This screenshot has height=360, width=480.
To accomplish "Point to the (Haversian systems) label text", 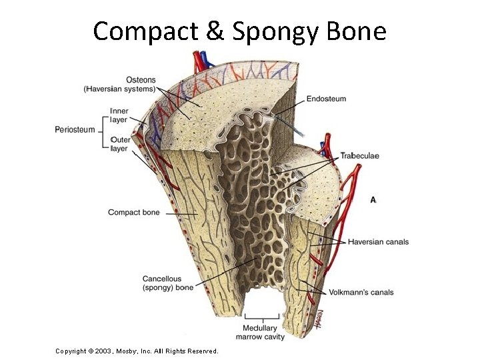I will click(x=119, y=89).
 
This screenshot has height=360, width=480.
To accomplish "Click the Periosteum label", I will click(x=75, y=129).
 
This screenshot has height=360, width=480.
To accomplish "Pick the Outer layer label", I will click(x=120, y=144).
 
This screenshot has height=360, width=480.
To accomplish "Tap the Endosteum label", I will click(x=326, y=99).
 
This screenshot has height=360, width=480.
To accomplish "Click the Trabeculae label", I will click(x=359, y=155).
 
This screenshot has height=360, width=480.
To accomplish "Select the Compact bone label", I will click(x=134, y=213).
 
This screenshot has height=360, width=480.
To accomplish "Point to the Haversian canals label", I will click(x=378, y=241).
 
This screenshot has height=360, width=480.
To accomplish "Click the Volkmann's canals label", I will click(x=361, y=292).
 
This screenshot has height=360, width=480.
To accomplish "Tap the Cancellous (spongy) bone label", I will click(x=168, y=283).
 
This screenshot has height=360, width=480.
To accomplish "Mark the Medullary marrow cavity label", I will click(x=265, y=332).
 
